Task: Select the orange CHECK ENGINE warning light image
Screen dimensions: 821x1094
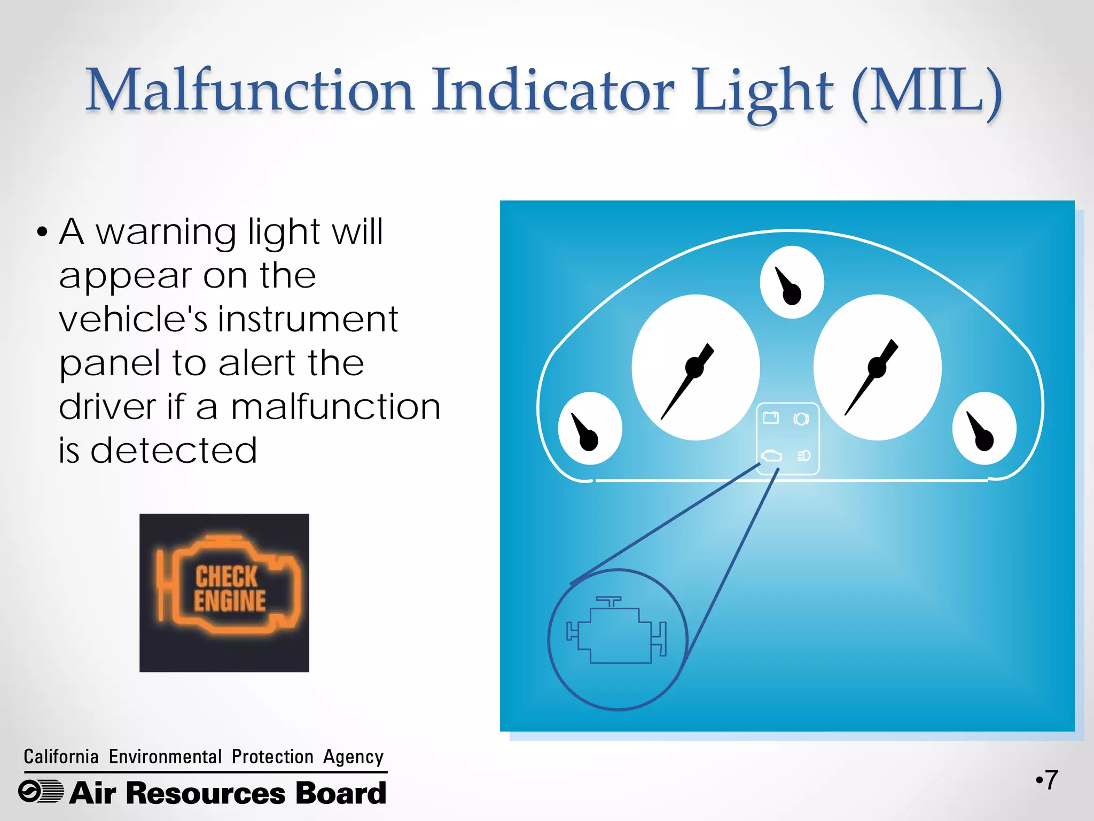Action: point(224,592)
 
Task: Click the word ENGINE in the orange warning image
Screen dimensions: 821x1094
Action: point(230,601)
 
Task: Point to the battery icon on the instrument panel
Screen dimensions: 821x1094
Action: point(771,417)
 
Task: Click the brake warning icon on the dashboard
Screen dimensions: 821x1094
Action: point(801,419)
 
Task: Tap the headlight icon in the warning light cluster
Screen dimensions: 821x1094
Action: point(803,455)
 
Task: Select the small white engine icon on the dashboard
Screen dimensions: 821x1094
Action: point(771,455)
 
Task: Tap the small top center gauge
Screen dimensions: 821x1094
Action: point(792,282)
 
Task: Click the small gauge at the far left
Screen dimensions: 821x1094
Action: point(590,428)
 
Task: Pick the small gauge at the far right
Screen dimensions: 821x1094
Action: point(984,428)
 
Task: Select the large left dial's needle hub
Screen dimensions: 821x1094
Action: point(694,367)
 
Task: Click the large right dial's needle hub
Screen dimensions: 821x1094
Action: point(877,367)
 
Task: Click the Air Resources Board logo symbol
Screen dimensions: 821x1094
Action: point(41,792)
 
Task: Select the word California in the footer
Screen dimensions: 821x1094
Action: point(61,757)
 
